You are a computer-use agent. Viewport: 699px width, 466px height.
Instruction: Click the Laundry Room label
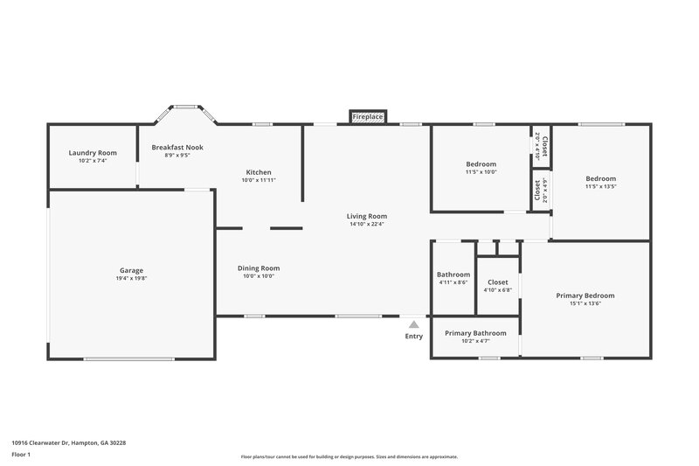93,153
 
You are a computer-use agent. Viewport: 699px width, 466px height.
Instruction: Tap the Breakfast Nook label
177,147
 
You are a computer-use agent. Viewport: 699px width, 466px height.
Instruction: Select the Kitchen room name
259,172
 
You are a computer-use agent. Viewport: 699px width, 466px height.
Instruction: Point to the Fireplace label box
367,116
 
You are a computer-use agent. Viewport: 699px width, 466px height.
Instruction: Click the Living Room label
367,216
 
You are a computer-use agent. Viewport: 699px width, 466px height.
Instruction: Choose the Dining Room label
259,268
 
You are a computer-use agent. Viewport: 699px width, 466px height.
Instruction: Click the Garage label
132,270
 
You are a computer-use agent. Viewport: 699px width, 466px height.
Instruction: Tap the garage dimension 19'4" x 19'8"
132,278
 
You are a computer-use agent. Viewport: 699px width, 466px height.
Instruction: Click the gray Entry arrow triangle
413,323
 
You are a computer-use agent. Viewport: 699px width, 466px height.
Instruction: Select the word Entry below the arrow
413,337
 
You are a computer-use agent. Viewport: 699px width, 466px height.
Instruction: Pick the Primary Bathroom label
475,333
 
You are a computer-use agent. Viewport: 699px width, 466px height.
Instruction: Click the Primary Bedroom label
585,296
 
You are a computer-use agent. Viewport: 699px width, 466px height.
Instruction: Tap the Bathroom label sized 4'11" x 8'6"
453,275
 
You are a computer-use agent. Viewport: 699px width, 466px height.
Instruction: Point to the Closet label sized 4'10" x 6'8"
498,282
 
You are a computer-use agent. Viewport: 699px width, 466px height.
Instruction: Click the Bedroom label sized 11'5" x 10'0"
481,164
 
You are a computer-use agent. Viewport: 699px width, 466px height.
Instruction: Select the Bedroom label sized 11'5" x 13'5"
601,179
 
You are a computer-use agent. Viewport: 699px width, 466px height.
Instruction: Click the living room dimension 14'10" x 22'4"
367,224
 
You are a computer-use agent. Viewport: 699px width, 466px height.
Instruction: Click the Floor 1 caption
22,455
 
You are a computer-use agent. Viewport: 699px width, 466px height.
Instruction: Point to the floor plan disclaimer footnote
349,456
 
